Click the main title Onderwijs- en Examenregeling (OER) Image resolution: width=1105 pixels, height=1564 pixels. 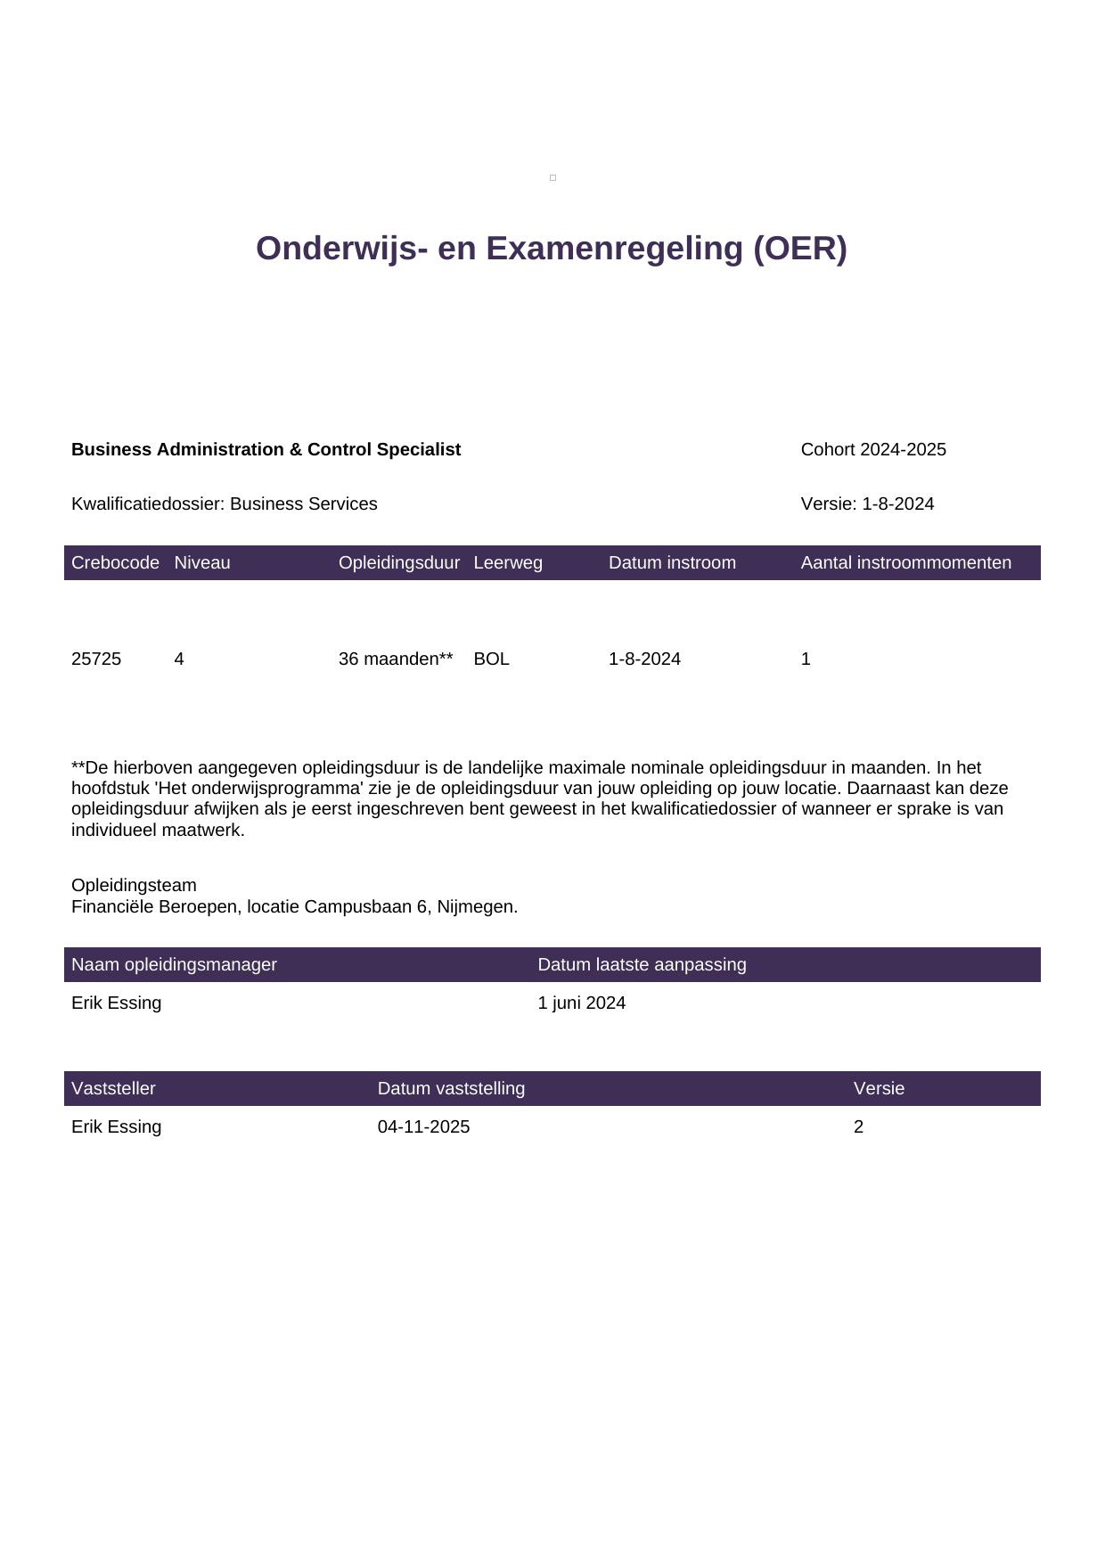[551, 249]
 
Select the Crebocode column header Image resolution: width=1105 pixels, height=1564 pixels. [115, 562]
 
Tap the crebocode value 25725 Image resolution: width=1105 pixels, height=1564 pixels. [96, 659]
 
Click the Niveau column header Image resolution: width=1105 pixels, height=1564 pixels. [202, 562]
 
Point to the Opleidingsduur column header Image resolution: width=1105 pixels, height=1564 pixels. [398, 562]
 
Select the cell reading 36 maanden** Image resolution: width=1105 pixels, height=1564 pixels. [396, 659]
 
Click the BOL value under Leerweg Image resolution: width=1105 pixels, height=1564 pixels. [491, 659]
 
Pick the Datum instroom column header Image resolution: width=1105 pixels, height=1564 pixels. [672, 562]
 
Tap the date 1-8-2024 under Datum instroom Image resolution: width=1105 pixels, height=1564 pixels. [644, 659]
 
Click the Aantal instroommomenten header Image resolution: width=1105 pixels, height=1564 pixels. [905, 562]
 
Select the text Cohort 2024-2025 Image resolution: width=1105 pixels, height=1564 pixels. [873, 449]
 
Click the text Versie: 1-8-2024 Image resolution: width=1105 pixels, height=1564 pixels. [867, 504]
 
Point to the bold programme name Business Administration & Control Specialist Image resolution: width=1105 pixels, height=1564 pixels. [266, 449]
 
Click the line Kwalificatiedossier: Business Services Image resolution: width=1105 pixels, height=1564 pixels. [224, 504]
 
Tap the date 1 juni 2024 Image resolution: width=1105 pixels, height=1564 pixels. [581, 1003]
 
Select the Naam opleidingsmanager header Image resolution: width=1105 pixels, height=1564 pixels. [174, 964]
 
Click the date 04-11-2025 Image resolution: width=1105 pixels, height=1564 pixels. [423, 1126]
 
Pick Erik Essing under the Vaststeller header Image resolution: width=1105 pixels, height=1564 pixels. [116, 1126]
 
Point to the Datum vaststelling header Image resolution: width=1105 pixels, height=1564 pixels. [451, 1088]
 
